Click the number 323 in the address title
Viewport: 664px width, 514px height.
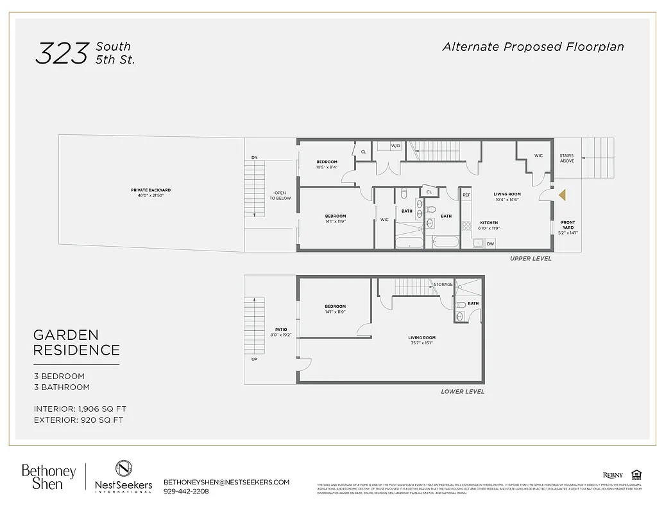click(62, 53)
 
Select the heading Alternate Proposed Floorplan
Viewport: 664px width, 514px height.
click(532, 47)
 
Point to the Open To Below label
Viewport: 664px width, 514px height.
click(280, 195)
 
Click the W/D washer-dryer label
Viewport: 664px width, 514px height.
click(395, 146)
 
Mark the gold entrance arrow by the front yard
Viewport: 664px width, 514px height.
click(562, 195)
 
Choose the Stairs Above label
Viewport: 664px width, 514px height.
click(566, 157)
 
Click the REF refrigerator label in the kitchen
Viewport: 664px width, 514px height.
click(466, 195)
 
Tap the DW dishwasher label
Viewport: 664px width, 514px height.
click(490, 244)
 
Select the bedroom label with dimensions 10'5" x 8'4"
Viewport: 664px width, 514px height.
click(327, 164)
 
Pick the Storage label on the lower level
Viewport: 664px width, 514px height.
click(443, 284)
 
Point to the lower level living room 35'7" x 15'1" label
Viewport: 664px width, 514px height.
click(421, 340)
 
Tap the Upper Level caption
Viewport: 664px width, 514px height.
click(530, 259)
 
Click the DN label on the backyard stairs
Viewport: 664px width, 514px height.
click(254, 157)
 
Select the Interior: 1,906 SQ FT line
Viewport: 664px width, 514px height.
click(80, 409)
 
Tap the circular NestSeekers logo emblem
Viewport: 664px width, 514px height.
click(124, 468)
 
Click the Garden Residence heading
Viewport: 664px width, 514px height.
click(76, 342)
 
